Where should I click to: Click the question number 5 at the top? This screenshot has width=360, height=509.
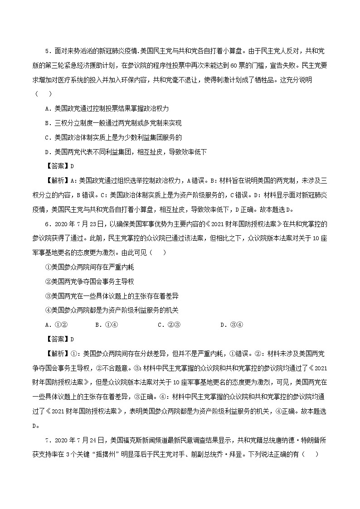tap(48, 50)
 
